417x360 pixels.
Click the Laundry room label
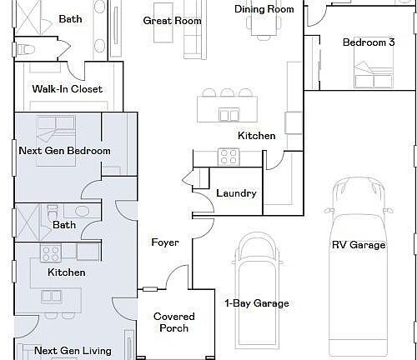pos(236,193)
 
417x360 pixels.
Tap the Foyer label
pos(165,242)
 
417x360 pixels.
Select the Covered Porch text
pos(174,322)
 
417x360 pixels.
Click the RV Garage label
pos(359,245)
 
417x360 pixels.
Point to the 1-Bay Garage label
pos(257,303)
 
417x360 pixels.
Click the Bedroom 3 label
pos(369,42)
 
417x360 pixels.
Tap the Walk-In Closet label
pos(68,89)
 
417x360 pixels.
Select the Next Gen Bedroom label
pos(64,151)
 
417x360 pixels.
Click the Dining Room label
pos(264,9)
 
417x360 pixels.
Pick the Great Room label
pos(172,21)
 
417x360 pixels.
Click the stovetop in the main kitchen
pos(229,157)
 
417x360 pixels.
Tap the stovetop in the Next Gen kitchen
pos(51,253)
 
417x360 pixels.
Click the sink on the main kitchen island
pos(229,115)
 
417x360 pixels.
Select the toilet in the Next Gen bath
pos(53,212)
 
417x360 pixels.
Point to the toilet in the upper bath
pos(26,50)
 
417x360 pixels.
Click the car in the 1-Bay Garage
pos(257,291)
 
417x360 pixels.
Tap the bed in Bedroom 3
pos(374,67)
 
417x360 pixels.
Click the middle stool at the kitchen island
pos(227,92)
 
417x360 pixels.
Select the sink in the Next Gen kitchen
pos(52,297)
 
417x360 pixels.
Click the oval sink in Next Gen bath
pos(83,211)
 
